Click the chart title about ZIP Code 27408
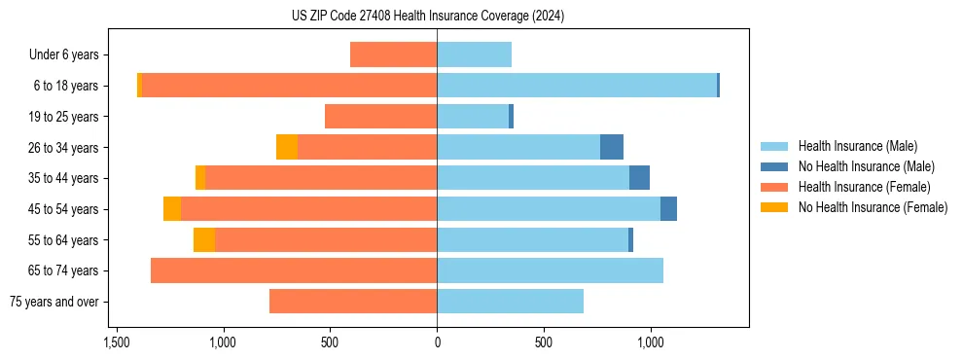427,17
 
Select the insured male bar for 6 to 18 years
577,86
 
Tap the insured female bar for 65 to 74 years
294,270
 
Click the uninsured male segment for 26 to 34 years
612,147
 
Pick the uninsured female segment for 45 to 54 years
172,209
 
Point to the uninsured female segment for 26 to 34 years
287,147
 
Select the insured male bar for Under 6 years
474,54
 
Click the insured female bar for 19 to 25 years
380,117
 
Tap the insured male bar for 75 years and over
510,302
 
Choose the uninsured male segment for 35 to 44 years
639,178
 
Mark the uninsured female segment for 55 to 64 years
204,239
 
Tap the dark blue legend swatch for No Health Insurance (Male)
775,166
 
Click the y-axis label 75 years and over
53,302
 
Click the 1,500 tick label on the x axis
116,342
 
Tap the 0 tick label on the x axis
437,342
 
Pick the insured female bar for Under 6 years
393,54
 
